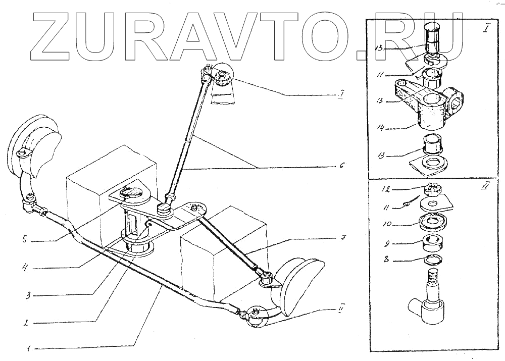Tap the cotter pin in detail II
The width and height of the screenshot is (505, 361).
(x=408, y=203)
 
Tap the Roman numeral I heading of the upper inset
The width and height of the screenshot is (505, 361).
(x=484, y=28)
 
